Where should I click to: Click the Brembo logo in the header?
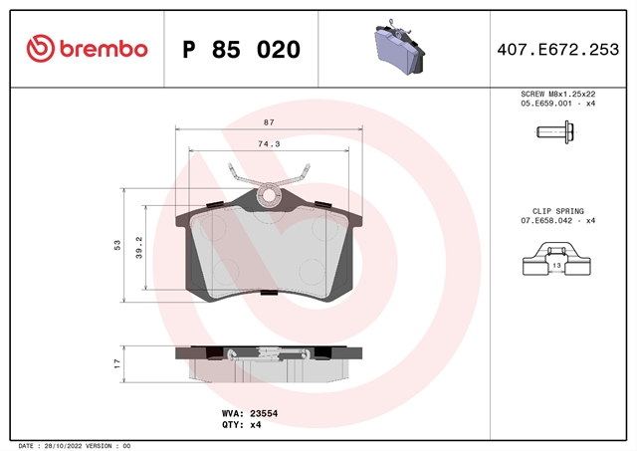point(87,49)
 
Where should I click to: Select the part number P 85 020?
point(241,50)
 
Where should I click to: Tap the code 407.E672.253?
point(558,50)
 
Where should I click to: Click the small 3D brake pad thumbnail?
point(399,47)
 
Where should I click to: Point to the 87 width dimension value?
point(269,122)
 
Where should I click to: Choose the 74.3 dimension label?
point(269,143)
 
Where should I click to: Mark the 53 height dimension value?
point(117,245)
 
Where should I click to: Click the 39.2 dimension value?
point(139,248)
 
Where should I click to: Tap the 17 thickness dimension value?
point(117,363)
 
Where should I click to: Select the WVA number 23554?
point(264,413)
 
